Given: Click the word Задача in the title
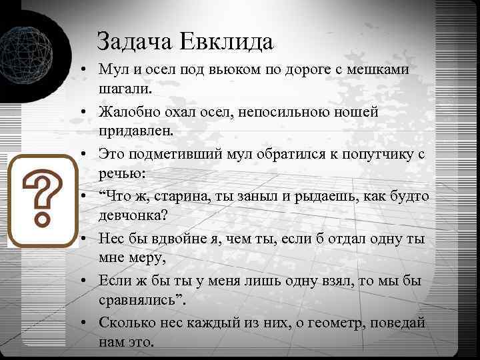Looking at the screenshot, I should [135, 42].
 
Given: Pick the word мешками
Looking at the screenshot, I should [380, 70].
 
